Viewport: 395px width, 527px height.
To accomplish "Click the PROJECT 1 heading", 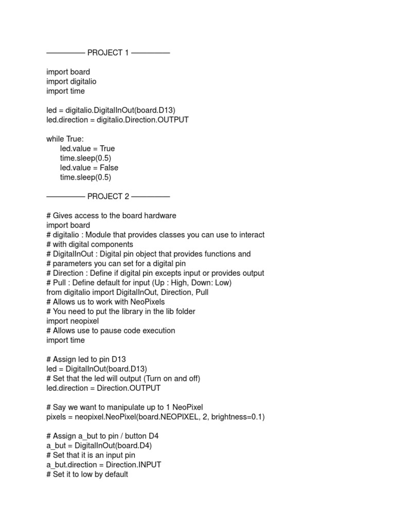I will click(x=108, y=52).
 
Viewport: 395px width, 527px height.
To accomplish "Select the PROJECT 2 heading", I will click(x=108, y=196).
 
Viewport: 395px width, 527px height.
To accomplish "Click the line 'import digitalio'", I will click(x=71, y=81).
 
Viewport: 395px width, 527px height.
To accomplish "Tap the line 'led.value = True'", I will click(x=87, y=148).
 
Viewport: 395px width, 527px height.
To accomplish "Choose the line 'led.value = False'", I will click(x=89, y=168).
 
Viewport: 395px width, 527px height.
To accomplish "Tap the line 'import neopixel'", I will click(x=73, y=321).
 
